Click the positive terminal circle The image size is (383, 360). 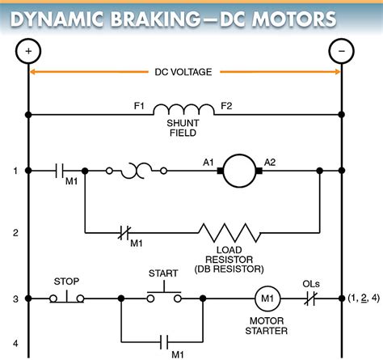[x=28, y=51]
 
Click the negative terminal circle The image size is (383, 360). [x=342, y=51]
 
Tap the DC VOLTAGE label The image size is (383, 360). [x=183, y=72]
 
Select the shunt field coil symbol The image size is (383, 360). [x=184, y=109]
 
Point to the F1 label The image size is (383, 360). [x=139, y=106]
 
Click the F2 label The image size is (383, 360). [x=226, y=106]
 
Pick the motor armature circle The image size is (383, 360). [x=239, y=171]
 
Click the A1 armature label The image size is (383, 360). [x=208, y=163]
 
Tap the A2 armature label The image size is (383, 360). [x=270, y=163]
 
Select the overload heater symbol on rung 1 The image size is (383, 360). [x=137, y=171]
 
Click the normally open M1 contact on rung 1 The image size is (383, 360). [x=59, y=171]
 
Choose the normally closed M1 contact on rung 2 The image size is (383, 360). [x=124, y=232]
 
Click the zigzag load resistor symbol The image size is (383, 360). [x=229, y=232]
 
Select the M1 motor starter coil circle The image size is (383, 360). [x=267, y=299]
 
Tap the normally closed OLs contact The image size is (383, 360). [x=311, y=299]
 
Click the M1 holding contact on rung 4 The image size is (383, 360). [x=164, y=342]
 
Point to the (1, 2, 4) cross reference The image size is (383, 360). [x=364, y=298]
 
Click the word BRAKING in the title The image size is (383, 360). [x=156, y=19]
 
